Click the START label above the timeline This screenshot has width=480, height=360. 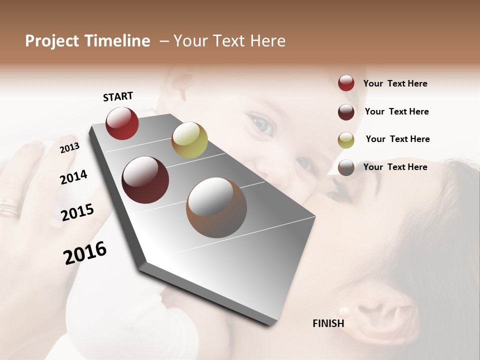pos(118,96)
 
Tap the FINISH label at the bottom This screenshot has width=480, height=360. pos(328,323)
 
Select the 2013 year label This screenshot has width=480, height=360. pos(69,147)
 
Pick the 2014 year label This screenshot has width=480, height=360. pos(73,177)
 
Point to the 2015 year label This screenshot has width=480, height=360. pos(77,212)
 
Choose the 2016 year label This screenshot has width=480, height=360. pos(85,253)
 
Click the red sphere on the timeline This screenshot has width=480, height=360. pos(122,123)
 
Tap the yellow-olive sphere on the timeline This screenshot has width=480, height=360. pos(189,140)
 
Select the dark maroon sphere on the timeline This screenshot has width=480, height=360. pos(145,180)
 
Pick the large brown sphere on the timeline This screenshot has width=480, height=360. pos(216,208)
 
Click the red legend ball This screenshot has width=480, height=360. pos(346,83)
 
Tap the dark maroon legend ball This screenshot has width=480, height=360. pos(346,112)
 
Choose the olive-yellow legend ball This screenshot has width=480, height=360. pos(346,140)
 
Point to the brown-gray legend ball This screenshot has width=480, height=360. pos(346,167)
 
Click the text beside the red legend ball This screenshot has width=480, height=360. pos(395,84)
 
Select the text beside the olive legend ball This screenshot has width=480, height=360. pos(397,139)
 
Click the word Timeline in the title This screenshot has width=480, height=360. pos(117,41)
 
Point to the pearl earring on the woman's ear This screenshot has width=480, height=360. pos(343,311)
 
